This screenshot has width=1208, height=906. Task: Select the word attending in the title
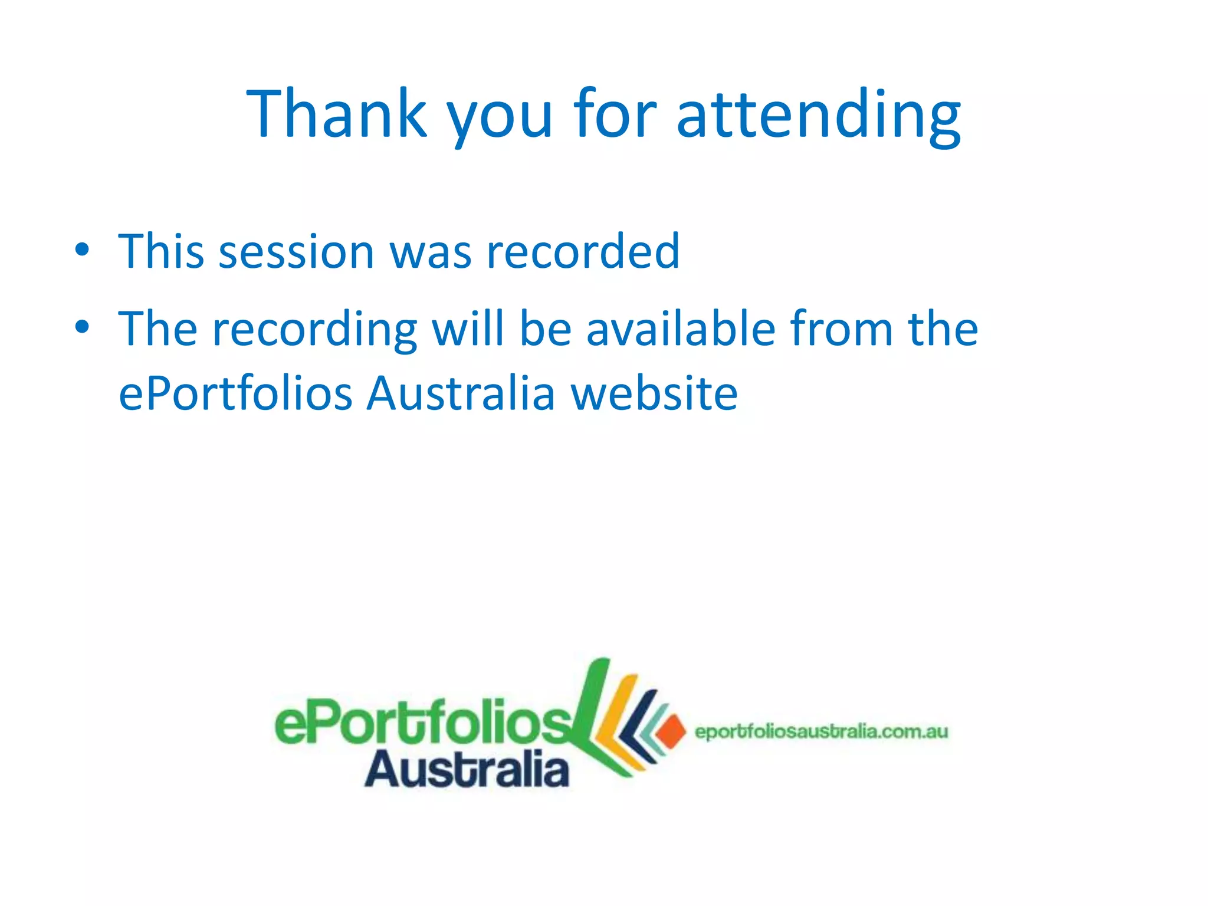pyautogui.click(x=819, y=114)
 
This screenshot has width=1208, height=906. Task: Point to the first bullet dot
pyautogui.click(x=82, y=250)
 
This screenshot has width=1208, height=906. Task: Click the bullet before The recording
pyautogui.click(x=82, y=326)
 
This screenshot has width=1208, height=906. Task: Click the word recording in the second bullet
pyautogui.click(x=314, y=330)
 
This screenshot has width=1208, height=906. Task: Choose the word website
pyautogui.click(x=654, y=393)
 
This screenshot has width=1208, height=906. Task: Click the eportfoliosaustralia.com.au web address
pyautogui.click(x=821, y=732)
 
